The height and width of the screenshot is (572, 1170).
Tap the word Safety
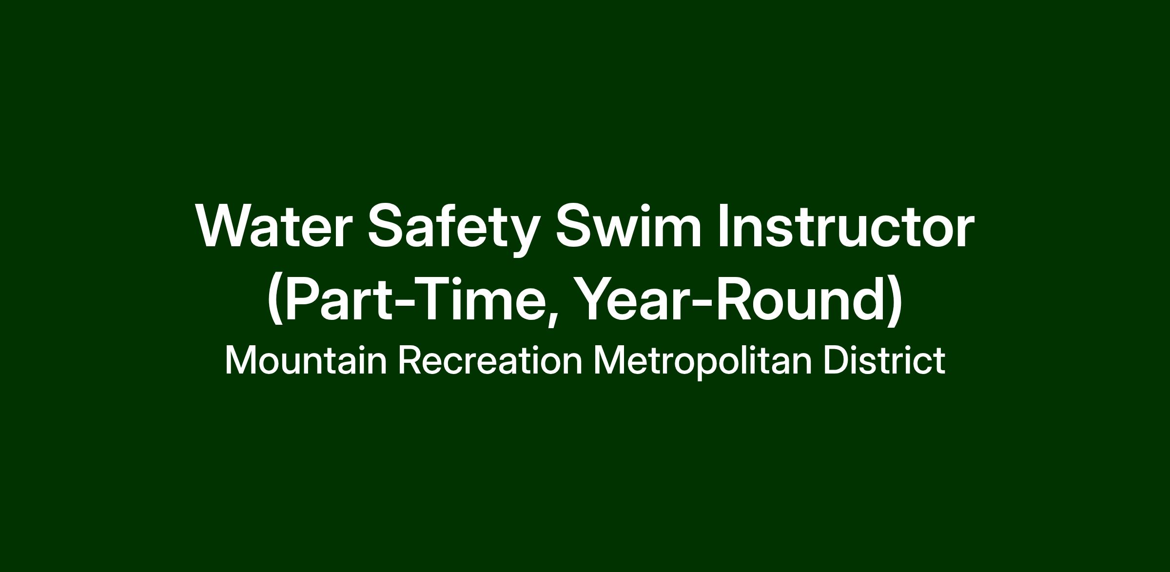pyautogui.click(x=454, y=230)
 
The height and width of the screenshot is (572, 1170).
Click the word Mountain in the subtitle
pyautogui.click(x=306, y=361)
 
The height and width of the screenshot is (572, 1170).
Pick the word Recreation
pyautogui.click(x=490, y=361)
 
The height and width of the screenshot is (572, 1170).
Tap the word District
pyautogui.click(x=884, y=361)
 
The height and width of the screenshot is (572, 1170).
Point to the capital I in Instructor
pyautogui.click(x=723, y=226)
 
